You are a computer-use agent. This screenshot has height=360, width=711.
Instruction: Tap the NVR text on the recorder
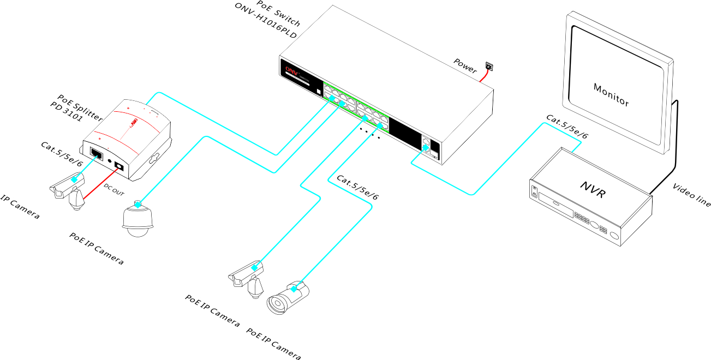tap(593, 189)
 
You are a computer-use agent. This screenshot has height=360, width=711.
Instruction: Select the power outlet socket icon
tap(489, 67)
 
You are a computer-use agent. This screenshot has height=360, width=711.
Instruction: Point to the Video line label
tap(692, 195)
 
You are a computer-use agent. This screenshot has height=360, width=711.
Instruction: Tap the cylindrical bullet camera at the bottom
tap(286, 298)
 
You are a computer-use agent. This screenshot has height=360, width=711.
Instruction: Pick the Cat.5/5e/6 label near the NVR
tap(567, 126)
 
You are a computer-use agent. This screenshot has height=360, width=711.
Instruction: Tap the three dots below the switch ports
tap(369, 132)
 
